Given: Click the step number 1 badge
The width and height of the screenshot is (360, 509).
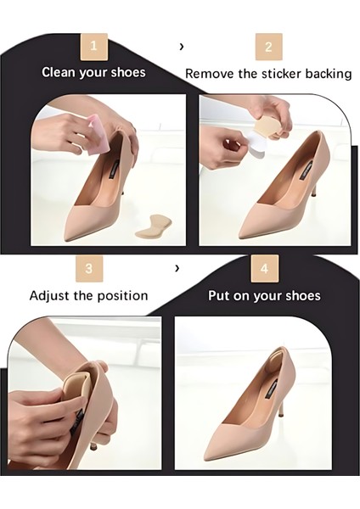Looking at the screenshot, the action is [x=94, y=47].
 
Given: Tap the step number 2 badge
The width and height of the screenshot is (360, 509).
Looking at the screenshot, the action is [x=268, y=47].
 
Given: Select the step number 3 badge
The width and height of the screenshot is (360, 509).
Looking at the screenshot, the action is [x=89, y=268].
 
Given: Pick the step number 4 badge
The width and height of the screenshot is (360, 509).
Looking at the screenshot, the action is [x=264, y=268].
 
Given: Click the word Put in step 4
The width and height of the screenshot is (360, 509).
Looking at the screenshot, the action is [x=219, y=296].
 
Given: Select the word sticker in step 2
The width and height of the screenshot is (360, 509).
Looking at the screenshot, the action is [x=282, y=74].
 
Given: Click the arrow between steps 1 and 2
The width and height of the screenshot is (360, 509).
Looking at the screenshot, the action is [x=182, y=47].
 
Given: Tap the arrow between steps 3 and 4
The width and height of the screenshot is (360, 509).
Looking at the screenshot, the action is [x=177, y=268].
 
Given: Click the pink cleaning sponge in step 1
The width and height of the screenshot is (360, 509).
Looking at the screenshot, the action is [x=98, y=133].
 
